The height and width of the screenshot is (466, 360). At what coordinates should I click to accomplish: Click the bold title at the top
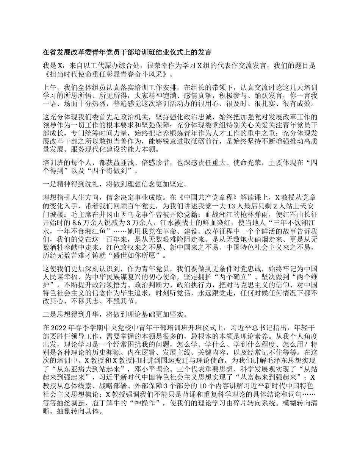(x=127, y=52)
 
